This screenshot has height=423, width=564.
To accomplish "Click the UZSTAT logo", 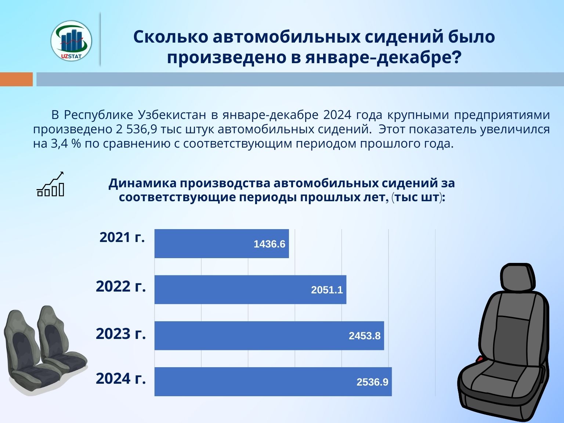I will coord(71,40).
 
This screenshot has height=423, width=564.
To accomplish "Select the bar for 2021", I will coord(221,243).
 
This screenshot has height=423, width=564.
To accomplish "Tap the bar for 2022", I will coord(250,290).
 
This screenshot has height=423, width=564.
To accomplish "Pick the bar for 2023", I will coord(269,336).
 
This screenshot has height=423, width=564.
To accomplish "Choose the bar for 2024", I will coord(273,382).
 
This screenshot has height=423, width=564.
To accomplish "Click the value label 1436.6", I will coord(269,244).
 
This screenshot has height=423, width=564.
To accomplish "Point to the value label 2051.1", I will coord(327,290).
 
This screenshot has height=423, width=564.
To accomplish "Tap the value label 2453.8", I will coord(364,336).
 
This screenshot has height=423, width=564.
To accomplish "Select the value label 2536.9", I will coord(372,382).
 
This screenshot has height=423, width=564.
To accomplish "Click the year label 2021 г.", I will coord(122,238).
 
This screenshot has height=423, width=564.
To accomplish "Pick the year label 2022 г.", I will coord(121,286).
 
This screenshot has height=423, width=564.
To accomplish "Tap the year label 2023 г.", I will coord(121,334).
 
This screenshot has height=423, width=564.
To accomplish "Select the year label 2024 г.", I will coord(121,379).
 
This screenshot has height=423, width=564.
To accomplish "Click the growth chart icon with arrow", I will coord(51,184).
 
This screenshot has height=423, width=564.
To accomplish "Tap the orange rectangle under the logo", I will coord(16,79).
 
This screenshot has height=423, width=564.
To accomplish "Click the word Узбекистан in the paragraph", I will coord(172,115).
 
